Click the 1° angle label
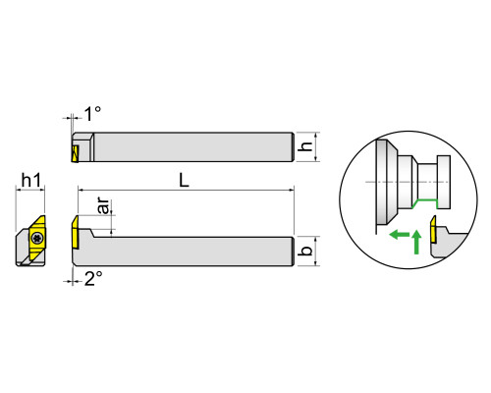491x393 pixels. pos(92,114)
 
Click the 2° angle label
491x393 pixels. pos(93,279)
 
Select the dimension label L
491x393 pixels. pos(185,180)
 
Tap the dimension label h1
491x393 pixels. pos(31,181)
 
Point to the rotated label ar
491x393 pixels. pos(104,205)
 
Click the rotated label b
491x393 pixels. pos(305,251)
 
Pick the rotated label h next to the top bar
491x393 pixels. pos(305,146)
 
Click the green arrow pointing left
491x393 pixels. pos(400,234)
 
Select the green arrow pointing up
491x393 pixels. pos(416,242)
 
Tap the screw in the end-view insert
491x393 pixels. pos(36,238)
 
